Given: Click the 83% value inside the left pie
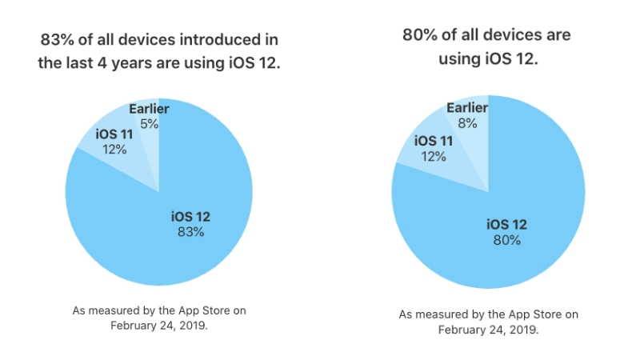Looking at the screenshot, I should coord(191,232).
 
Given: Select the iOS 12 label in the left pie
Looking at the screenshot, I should coord(191,216).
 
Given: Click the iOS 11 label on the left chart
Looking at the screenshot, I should coord(114,134).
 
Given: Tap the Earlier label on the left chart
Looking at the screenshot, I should coord(149,108).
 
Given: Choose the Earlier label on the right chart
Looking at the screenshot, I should coord(468,108).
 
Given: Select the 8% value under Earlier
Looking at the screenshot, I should coord(468,123).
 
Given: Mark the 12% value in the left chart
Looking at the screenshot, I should coord(114,149).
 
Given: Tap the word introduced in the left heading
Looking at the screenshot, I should coord(222,39).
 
